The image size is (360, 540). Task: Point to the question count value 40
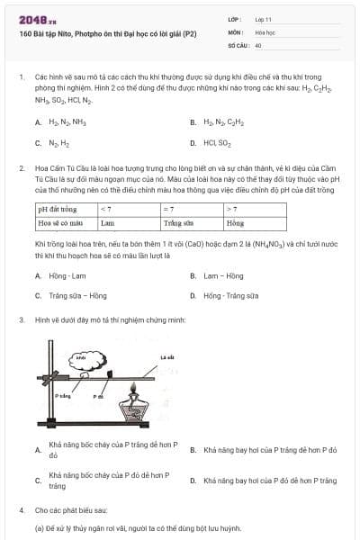click(x=258, y=44)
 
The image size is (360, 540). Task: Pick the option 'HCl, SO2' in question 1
click(x=217, y=142)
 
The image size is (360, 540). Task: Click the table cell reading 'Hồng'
click(x=236, y=221)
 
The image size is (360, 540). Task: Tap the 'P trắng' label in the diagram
click(x=63, y=394)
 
